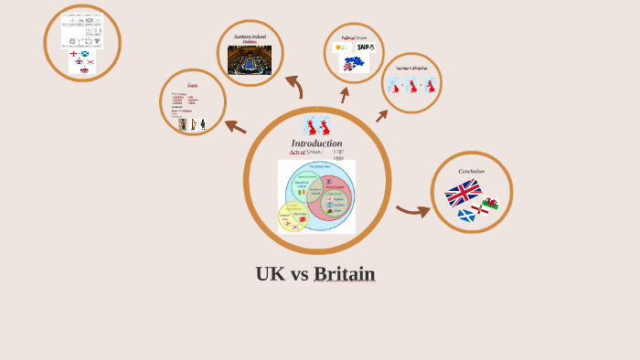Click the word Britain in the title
pos(344,274)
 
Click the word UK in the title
pos(270,274)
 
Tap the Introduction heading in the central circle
pos(316,143)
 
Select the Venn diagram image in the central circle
pos(316,196)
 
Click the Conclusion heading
pos(471,171)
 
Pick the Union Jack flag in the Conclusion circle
pos(463,193)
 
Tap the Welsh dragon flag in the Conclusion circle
pos(491,204)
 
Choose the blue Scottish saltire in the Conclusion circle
pos(465,216)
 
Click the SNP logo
pos(365,48)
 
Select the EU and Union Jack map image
pos(352,63)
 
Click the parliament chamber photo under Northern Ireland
pos(250,59)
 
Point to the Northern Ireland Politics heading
pos(250,38)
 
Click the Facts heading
pos(193,85)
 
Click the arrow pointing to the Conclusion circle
pos(413,212)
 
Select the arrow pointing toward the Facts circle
pos(235,127)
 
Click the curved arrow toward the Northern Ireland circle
pos(294,86)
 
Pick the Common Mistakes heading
pos(411,68)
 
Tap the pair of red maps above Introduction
pos(316,125)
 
